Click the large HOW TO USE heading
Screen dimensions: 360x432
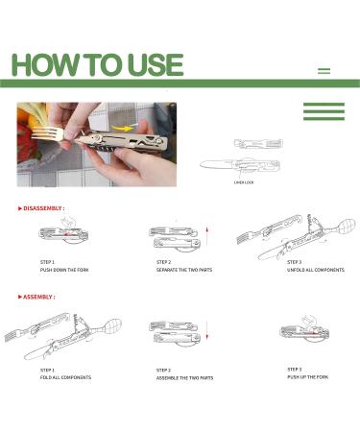point(97,65)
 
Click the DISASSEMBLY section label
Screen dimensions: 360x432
point(42,208)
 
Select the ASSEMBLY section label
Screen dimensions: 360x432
point(37,297)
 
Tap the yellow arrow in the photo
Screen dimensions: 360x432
point(123,128)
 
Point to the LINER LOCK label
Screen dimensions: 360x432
point(244,182)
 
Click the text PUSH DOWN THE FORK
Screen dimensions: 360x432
point(64,270)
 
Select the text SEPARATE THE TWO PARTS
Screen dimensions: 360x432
point(184,270)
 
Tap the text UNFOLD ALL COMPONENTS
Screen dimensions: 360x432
point(316,270)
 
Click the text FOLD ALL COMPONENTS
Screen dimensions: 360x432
point(65,377)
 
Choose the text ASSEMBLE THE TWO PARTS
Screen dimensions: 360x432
point(184,378)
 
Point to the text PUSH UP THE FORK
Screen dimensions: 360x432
point(308,377)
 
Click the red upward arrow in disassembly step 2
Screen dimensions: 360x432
point(207,236)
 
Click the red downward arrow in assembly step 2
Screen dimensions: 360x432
point(207,330)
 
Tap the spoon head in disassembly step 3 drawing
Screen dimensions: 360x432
point(347,226)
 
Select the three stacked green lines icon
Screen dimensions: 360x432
point(324,111)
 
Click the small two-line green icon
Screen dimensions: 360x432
point(324,71)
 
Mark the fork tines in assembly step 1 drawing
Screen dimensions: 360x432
point(12,335)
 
